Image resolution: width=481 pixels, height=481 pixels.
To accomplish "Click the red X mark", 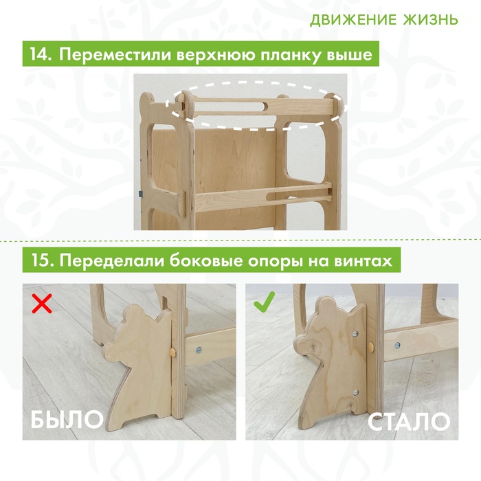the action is point(42,303).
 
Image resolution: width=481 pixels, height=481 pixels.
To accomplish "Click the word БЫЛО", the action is point(67,419).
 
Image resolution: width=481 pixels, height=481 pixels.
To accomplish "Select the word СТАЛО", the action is point(409,422).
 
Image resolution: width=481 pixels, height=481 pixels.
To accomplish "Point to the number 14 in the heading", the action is point(40,54).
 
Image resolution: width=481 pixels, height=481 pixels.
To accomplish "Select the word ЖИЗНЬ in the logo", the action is point(430,20).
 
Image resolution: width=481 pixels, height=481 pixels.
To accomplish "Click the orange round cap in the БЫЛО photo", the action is point(173,353).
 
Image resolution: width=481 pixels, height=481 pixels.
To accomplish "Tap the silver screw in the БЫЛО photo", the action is point(199,349).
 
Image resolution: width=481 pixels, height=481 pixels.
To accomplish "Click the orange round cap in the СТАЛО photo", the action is point(372,347).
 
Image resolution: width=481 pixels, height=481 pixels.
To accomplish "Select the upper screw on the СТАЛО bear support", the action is point(355,334).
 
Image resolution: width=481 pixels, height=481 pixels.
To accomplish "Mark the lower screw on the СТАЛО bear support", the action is point(356,392).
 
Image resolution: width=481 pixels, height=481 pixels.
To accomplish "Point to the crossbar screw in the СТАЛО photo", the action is point(397,345).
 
